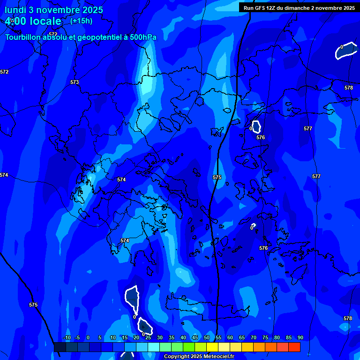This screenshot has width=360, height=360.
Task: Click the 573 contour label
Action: point(75,82)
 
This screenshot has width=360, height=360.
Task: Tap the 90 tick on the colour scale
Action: point(300,337)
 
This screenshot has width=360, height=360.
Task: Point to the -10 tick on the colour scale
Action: point(67,337)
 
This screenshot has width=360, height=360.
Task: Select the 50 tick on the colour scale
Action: point(207,337)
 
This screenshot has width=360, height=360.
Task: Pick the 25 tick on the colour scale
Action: point(148,337)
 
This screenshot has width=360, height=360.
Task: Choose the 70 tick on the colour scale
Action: point(254,337)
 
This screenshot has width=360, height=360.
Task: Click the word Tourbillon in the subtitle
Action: point(23,37)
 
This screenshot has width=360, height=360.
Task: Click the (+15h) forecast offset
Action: point(81,21)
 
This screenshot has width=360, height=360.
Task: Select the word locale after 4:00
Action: point(44,21)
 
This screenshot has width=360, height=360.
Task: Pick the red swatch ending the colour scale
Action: point(294,347)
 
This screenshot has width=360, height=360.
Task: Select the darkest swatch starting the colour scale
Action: point(60,347)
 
